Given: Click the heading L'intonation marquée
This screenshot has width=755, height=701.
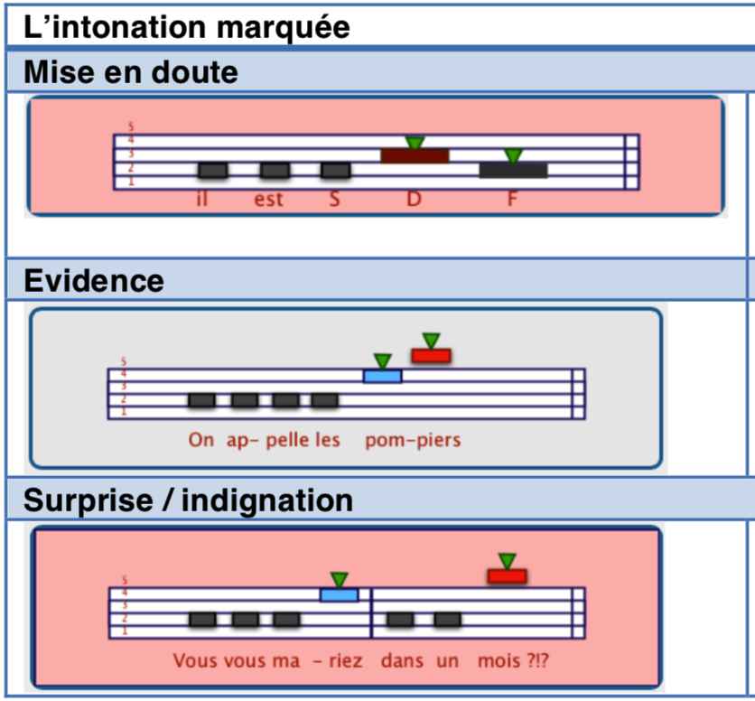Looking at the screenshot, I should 187,27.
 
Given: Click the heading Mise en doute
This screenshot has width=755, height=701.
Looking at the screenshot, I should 131,71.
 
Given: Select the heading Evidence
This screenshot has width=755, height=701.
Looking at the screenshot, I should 94,281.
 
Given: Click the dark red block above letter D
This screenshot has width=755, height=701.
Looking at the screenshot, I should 415,156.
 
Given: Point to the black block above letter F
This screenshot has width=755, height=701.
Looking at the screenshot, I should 513,170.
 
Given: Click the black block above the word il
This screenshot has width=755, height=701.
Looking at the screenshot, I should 212,170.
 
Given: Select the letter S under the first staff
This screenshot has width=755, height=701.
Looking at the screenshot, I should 334,199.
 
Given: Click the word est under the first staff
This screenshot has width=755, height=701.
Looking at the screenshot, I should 268,199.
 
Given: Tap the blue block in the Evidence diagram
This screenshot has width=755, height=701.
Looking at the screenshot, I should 383,376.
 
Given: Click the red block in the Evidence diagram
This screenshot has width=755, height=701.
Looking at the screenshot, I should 431,355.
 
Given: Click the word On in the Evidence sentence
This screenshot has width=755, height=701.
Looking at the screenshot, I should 200,441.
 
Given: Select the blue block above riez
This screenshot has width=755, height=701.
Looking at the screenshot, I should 340,594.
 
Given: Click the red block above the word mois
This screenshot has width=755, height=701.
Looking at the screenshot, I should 507,575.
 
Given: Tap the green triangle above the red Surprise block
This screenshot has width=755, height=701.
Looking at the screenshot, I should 507,560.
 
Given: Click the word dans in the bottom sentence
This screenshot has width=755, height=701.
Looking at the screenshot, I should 402,661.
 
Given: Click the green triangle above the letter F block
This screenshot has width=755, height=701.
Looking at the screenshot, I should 513,155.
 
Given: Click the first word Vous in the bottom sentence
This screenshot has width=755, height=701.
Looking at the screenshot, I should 194,661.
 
